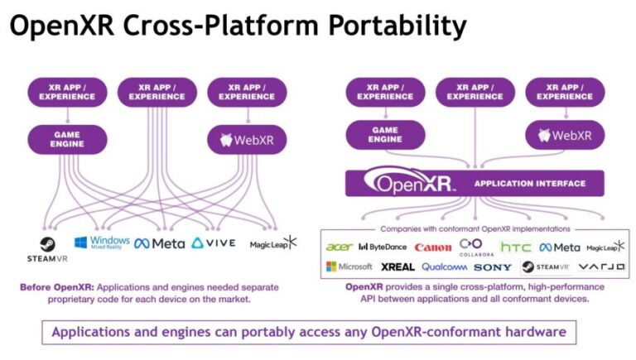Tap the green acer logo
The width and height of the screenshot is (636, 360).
point(339,247)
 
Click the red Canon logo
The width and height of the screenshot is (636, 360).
point(432,247)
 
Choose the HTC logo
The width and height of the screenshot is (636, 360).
point(516,247)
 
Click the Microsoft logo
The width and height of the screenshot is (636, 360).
point(349,266)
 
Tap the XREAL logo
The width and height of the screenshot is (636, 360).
point(397,267)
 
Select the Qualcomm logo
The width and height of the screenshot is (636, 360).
point(444,267)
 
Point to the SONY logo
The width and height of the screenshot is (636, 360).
point(493,267)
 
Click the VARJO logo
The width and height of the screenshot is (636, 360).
point(601,266)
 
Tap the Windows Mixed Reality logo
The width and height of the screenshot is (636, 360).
point(102,242)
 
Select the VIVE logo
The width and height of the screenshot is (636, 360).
point(214,243)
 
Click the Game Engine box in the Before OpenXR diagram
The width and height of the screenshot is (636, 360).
point(67,138)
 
